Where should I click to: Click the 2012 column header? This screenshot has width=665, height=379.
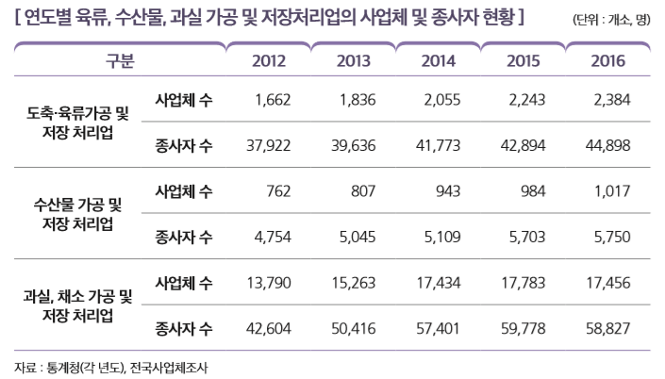click(x=270, y=61)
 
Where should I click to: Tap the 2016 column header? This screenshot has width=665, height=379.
click(x=607, y=61)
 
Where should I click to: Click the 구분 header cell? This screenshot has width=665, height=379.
click(x=120, y=61)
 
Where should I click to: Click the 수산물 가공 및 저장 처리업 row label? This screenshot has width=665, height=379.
click(x=78, y=214)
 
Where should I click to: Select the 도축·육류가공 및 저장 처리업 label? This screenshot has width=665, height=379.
click(x=78, y=123)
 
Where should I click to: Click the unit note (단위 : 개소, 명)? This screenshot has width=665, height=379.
click(x=610, y=18)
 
